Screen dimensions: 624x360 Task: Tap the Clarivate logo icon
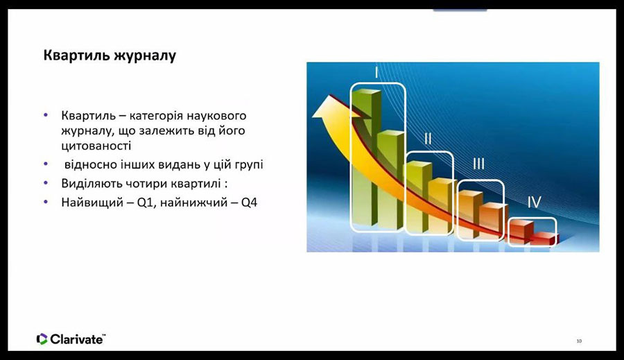click(42, 339)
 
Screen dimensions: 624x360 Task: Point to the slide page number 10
click(579, 341)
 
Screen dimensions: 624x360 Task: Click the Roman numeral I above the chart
click(376, 73)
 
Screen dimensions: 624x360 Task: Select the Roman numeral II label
click(428, 139)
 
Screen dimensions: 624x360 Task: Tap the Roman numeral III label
click(478, 164)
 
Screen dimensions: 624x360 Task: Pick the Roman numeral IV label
click(535, 202)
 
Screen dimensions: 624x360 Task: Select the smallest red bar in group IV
click(544, 238)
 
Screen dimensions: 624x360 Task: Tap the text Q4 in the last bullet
click(249, 203)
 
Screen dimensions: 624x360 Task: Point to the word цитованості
click(96, 146)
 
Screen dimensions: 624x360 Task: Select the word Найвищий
click(92, 203)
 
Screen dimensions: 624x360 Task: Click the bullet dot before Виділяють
click(46, 183)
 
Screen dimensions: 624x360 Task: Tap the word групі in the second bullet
click(248, 165)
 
